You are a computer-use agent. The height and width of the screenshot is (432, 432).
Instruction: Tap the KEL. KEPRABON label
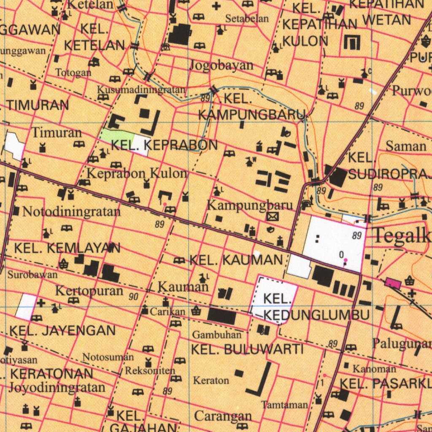[164, 146]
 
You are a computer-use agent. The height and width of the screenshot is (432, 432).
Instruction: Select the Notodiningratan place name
[71, 211]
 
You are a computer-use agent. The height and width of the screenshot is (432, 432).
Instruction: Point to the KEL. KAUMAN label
[236, 260]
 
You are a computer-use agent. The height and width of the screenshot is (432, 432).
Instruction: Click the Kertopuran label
[89, 291]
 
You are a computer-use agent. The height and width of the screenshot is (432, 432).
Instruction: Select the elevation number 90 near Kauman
[134, 297]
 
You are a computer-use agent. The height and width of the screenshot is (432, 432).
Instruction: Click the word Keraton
[211, 380]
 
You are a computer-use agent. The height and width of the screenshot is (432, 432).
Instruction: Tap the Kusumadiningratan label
[141, 89]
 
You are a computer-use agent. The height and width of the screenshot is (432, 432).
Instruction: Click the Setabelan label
[247, 18]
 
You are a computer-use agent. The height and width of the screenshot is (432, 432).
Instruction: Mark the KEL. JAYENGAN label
[62, 330]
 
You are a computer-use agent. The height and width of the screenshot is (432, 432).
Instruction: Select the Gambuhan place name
[217, 335]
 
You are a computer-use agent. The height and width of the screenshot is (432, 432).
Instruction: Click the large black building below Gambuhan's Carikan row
[222, 316]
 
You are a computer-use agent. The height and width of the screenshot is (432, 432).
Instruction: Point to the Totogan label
[73, 72]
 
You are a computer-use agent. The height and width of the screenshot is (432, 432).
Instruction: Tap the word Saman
[406, 146]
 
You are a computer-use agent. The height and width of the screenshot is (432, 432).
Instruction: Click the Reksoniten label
[150, 370]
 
